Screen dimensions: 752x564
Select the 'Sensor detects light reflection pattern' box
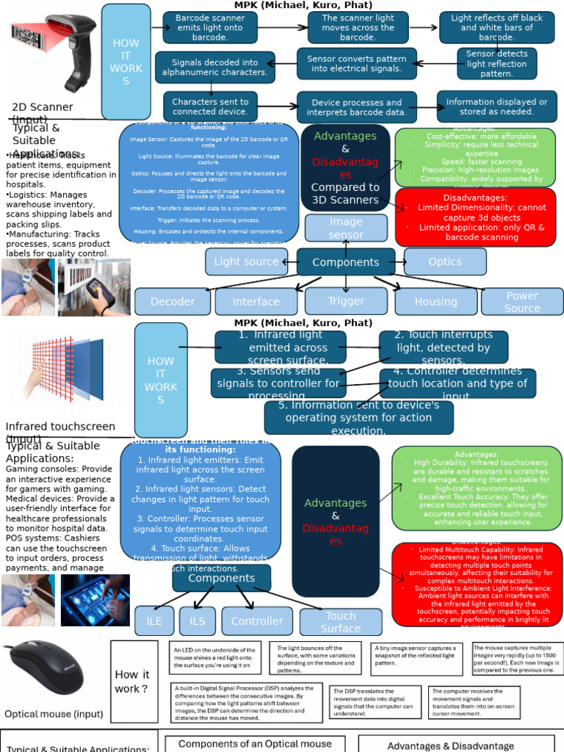coord(496,64)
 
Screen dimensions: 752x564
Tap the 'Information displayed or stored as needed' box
coord(496,106)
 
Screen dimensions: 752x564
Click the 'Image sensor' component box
coord(346,228)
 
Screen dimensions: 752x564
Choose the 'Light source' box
coord(246,261)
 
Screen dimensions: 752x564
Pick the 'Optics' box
coord(445,261)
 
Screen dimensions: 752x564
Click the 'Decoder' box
coord(173,301)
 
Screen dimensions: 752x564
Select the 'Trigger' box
coord(346,300)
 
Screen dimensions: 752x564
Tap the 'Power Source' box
coord(522,301)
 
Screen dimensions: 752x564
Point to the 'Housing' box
coord(435,301)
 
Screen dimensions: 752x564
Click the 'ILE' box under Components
coord(154,621)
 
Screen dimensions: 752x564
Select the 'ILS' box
coord(198,621)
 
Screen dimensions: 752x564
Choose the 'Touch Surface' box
coord(341,622)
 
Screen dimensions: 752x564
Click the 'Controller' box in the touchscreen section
coord(257,621)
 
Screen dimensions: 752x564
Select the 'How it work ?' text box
coord(132,681)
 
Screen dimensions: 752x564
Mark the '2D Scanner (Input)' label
coord(43,112)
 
